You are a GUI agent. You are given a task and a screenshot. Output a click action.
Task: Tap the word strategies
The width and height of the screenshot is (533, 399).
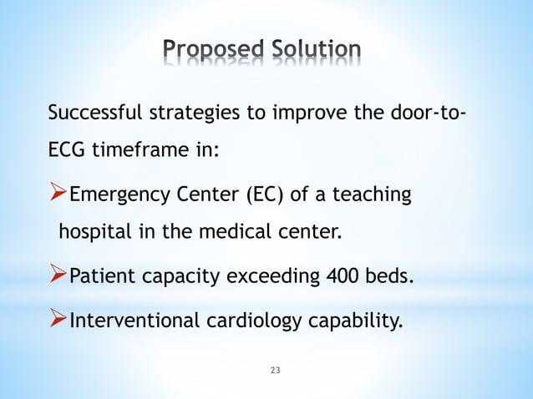(x=197, y=114)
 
